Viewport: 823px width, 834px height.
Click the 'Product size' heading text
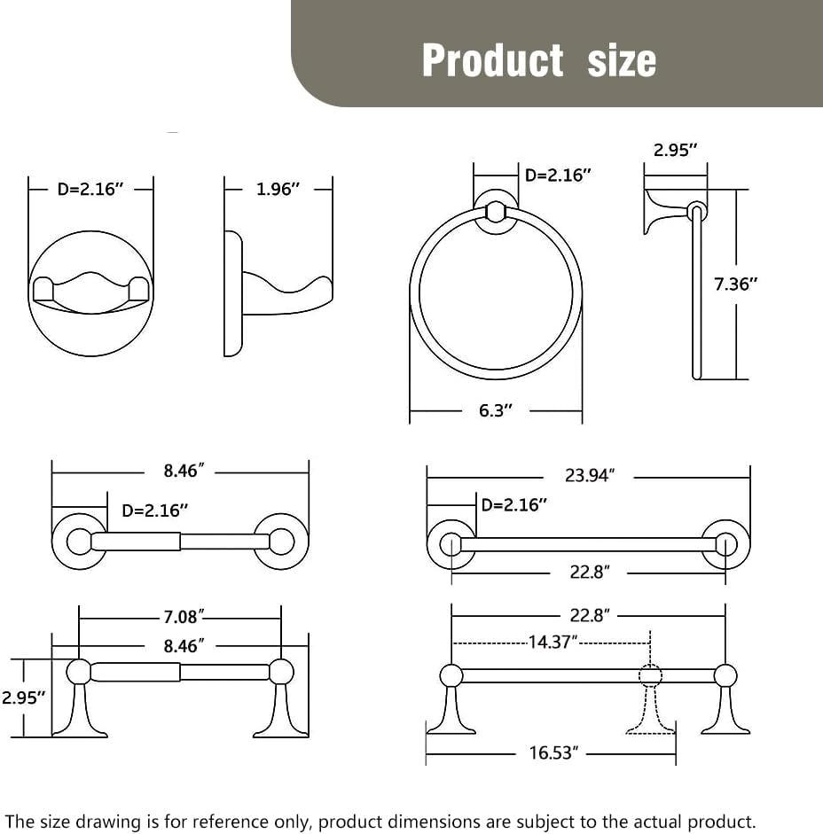point(538,60)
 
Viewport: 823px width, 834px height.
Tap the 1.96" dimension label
point(278,189)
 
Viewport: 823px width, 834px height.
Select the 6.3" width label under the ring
point(495,410)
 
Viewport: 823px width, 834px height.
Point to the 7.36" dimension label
point(736,284)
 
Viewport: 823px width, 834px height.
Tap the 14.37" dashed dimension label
point(553,642)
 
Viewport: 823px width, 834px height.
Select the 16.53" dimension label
point(553,753)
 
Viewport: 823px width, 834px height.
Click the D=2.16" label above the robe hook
point(90,189)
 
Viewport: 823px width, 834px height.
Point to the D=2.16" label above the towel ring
point(558,175)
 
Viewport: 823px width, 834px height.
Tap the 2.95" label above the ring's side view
point(676,150)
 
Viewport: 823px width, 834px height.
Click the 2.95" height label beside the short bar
point(23,697)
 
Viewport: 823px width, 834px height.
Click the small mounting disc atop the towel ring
point(496,212)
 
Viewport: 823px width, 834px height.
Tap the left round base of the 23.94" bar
point(451,544)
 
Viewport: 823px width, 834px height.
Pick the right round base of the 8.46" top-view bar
point(282,541)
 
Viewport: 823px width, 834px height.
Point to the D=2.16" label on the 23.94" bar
point(514,505)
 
